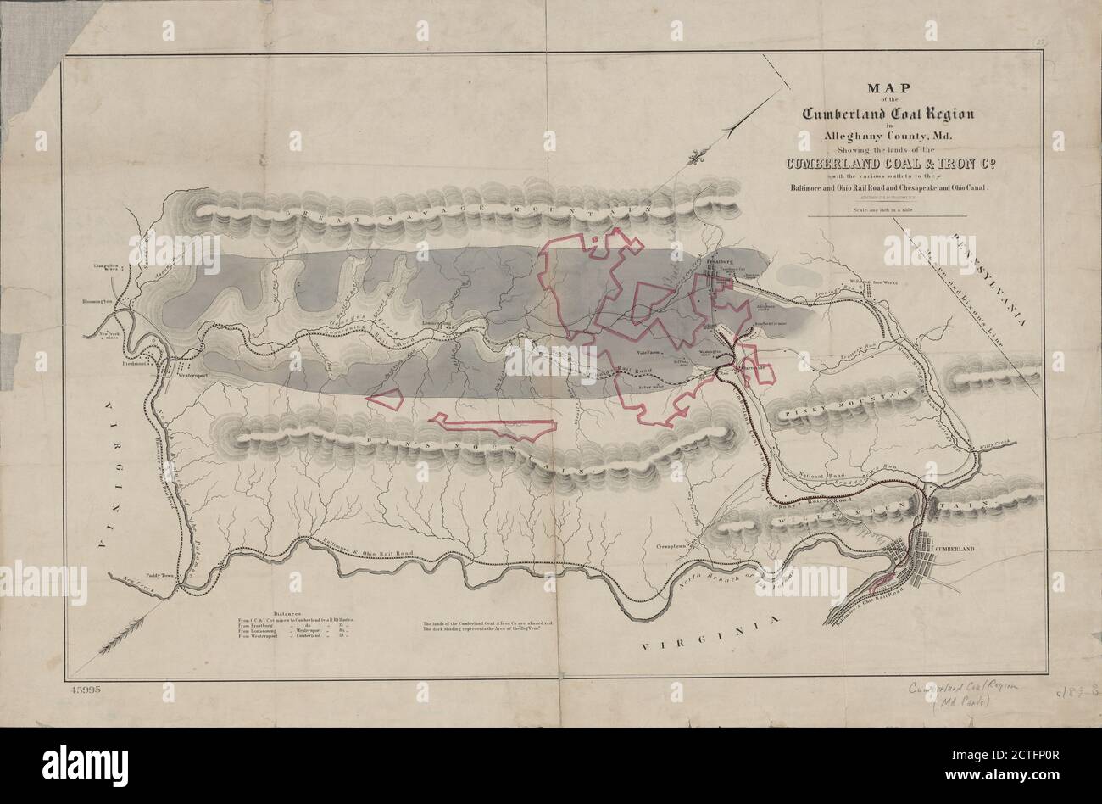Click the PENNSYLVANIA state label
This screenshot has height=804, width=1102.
tap(988, 280)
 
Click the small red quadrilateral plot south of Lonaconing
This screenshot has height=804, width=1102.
tap(387, 399)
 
